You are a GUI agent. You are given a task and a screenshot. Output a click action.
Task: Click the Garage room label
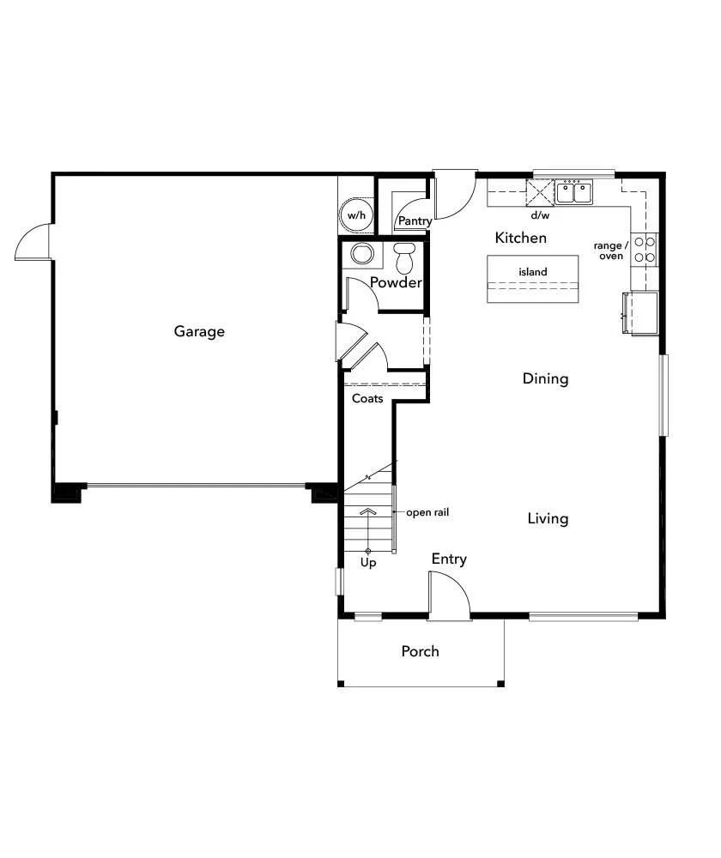click(199, 331)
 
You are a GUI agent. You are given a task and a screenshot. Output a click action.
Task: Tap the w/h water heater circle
click(356, 215)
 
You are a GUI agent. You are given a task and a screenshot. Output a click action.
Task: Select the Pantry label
click(414, 221)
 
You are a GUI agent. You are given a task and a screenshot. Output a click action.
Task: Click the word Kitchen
click(520, 238)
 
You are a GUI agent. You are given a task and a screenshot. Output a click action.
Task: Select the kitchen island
click(532, 278)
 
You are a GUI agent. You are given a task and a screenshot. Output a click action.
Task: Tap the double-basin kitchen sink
click(573, 192)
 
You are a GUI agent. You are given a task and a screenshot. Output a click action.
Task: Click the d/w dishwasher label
click(540, 215)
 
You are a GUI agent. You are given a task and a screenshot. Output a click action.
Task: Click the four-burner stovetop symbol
click(645, 249)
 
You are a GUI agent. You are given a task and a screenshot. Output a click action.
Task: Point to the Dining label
click(545, 378)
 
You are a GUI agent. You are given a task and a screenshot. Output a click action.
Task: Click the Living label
click(548, 518)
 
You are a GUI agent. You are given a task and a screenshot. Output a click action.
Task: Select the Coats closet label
click(367, 399)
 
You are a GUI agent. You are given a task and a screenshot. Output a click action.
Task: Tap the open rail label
click(427, 513)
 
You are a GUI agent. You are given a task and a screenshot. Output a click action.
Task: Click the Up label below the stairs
click(368, 563)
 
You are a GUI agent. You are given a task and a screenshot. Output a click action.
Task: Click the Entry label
click(449, 559)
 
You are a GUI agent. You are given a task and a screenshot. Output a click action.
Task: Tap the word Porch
click(420, 651)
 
